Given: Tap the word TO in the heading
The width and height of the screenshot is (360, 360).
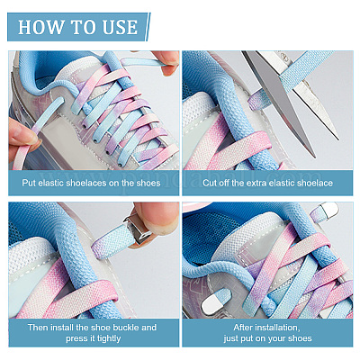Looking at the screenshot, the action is tap(84, 27).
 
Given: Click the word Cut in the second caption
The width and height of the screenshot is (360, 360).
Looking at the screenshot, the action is tap(210, 183).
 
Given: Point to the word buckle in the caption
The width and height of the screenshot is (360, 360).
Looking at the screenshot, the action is tap(125, 327).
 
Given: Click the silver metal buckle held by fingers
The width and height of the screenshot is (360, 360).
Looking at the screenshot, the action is tap(139, 229).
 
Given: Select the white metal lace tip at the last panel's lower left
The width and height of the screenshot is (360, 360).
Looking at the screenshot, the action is tap(212, 304).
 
